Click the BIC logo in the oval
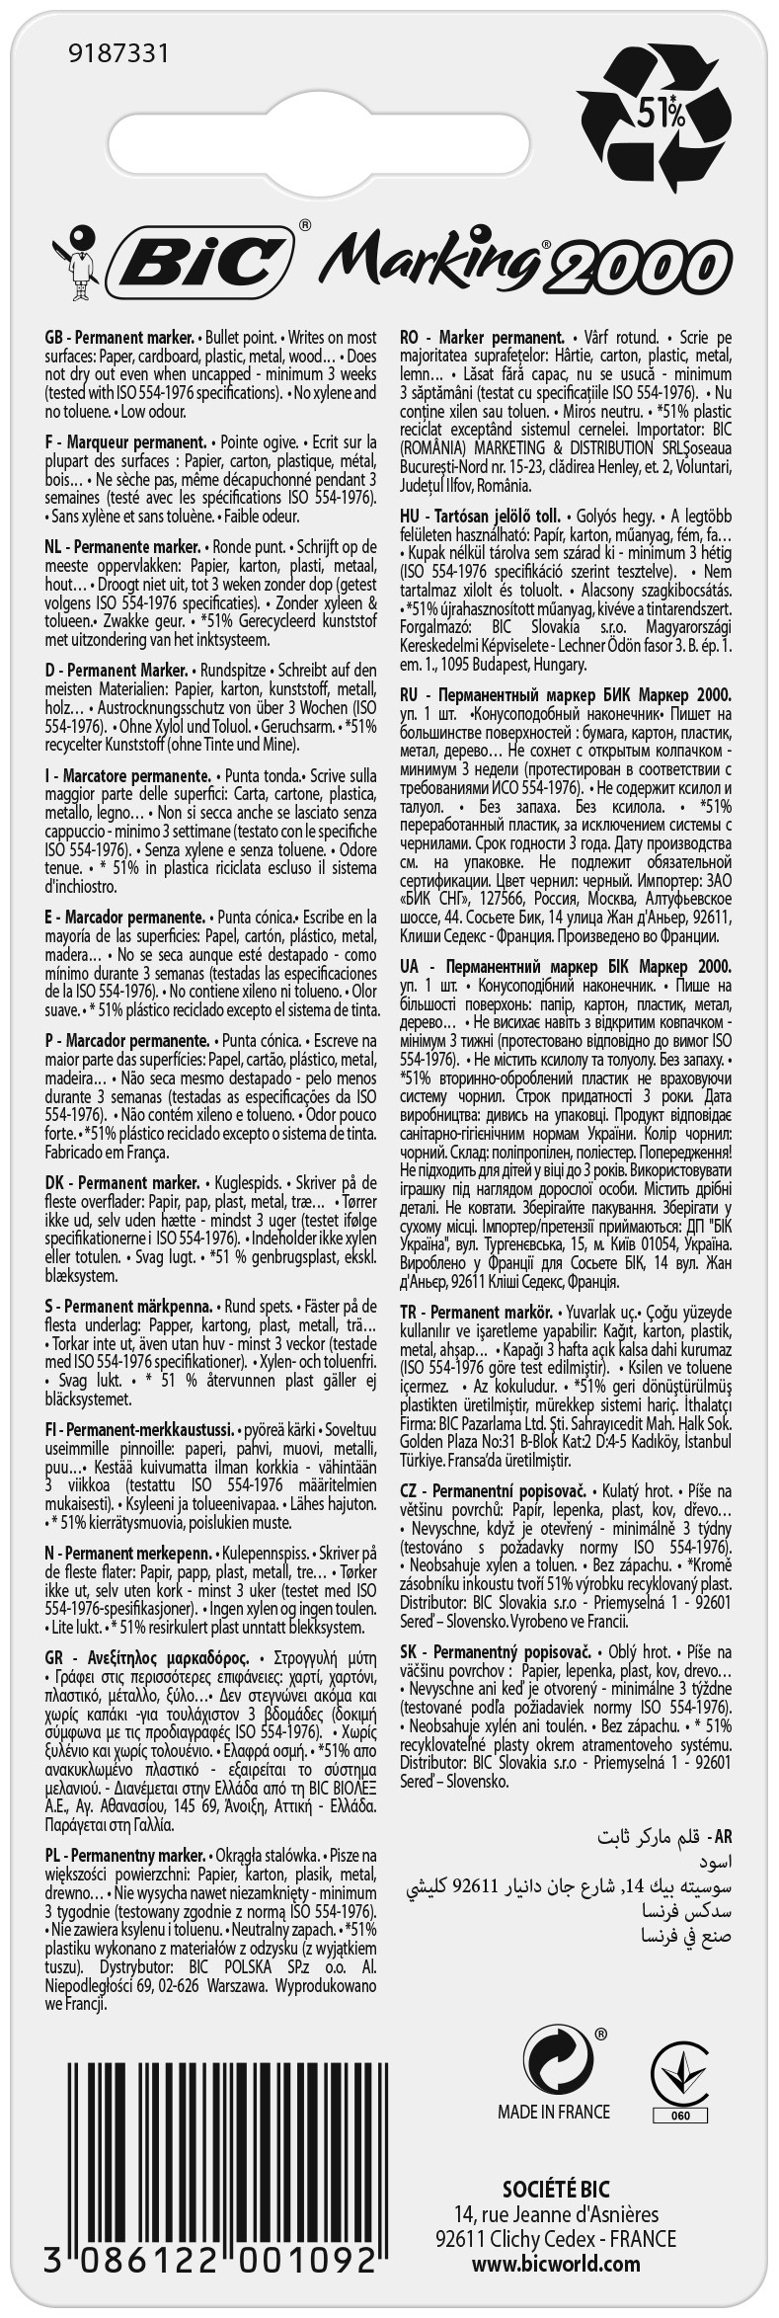(208, 262)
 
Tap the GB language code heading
(55, 337)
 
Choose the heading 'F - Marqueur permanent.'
(125, 441)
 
